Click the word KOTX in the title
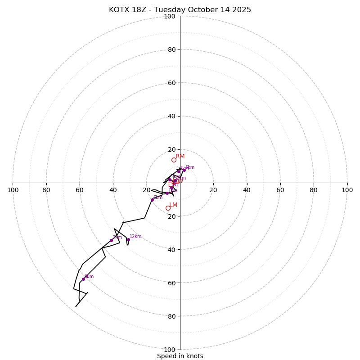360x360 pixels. tap(119, 10)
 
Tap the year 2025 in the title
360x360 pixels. tap(242, 10)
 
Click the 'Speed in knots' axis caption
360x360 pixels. tap(180, 356)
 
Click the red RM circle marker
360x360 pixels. tap(174, 160)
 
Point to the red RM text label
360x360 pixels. tap(180, 156)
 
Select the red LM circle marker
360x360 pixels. tap(168, 208)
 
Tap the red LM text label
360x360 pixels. tap(173, 205)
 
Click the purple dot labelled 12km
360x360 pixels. tap(128, 239)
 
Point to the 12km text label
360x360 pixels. tap(135, 236)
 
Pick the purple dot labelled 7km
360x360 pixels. tap(111, 240)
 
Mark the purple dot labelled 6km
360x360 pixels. tap(152, 199)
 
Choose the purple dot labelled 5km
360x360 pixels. tap(184, 170)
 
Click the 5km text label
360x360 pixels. tap(190, 167)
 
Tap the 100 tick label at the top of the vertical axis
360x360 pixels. tap(170, 16)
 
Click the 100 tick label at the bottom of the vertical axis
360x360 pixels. tap(170, 350)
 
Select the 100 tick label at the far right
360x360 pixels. tap(347, 190)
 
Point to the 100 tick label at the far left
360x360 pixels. tap(13, 190)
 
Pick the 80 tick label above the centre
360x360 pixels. tap(171, 49)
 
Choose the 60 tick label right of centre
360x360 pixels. tap(280, 190)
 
